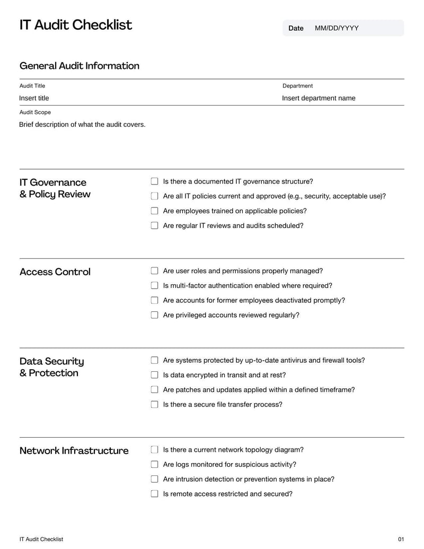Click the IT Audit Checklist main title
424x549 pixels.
(76, 25)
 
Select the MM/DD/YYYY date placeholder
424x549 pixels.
(337, 28)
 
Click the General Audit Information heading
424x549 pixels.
(79, 66)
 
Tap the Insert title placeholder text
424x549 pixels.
(34, 98)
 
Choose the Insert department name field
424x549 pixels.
(319, 98)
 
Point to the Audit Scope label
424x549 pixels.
(35, 112)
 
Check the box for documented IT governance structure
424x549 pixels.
(155, 181)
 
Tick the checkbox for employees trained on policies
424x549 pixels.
(155, 211)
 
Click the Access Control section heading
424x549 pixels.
(55, 272)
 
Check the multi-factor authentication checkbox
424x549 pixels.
(155, 286)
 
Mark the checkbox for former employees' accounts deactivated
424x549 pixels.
(155, 300)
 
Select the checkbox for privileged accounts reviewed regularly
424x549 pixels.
(155, 315)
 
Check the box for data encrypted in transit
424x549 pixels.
(155, 375)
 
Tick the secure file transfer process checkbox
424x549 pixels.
(155, 404)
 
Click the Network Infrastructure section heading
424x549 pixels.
(74, 451)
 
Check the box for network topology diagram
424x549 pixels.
(155, 450)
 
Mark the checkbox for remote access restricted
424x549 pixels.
(155, 494)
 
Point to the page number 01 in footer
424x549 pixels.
(401, 539)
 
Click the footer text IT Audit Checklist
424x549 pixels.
(41, 539)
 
